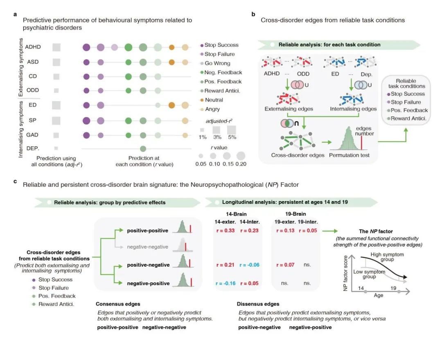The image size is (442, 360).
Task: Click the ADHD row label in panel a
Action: (32, 47)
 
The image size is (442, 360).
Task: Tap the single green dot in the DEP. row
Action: (143, 148)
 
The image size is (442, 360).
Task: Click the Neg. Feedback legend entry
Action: (223, 72)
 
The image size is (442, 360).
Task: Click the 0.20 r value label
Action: (241, 164)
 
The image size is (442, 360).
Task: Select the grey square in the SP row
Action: (56, 120)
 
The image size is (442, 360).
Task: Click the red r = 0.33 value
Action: (226, 231)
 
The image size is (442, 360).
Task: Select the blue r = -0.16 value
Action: (226, 283)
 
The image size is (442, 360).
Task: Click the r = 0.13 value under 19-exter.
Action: (285, 231)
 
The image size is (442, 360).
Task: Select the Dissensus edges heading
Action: (258, 304)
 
